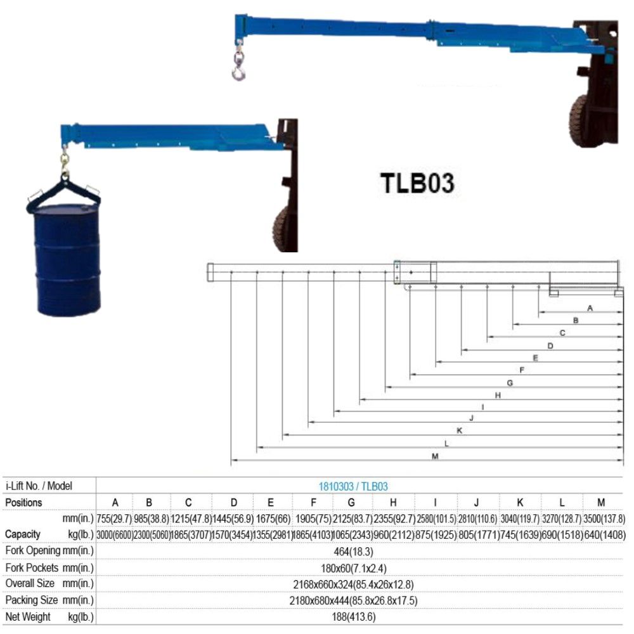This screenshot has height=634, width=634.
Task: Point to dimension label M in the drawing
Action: (435, 456)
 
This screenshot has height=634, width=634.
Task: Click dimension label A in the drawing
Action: (590, 308)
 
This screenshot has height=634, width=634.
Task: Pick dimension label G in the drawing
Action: (509, 383)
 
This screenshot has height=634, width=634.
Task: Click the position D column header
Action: (233, 503)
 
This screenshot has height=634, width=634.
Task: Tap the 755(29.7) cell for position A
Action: (114, 519)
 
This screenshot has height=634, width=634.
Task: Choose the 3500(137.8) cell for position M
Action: (601, 519)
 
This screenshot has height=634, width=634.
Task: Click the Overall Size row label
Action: (49, 583)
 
